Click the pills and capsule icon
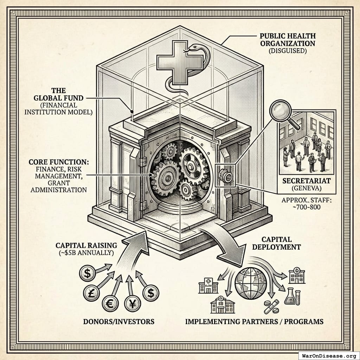click(x=271, y=307)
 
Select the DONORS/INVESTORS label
click(x=119, y=321)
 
